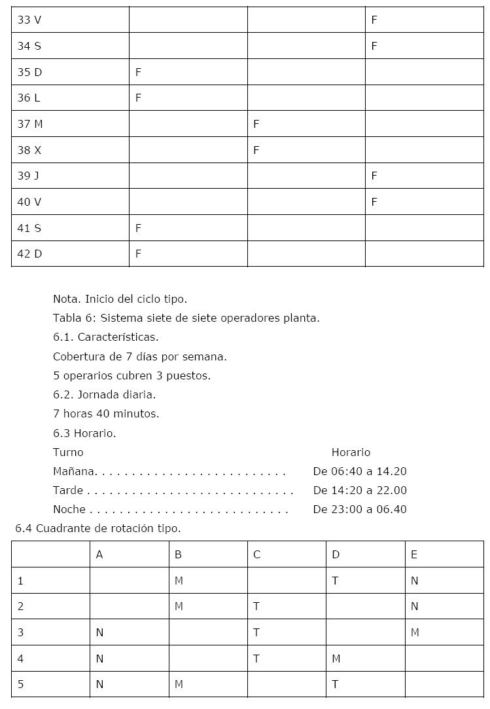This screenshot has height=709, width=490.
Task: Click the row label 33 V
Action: (x=29, y=20)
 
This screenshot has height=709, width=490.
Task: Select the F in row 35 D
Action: (x=138, y=72)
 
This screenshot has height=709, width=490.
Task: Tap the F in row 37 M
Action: (x=256, y=124)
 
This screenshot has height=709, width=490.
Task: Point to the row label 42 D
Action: (x=29, y=254)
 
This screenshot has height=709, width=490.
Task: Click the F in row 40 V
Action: (x=374, y=202)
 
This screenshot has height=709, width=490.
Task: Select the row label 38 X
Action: (x=29, y=150)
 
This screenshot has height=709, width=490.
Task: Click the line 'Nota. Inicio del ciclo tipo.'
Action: (x=120, y=299)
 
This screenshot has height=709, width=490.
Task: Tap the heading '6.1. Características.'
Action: (x=105, y=337)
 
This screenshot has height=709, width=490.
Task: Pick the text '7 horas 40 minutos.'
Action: (x=106, y=413)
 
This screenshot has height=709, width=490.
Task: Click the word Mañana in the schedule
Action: (x=75, y=471)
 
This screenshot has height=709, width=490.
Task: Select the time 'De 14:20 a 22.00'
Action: (x=360, y=490)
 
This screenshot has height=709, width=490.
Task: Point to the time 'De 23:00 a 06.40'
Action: (x=360, y=509)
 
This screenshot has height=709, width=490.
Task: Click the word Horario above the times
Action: (x=351, y=452)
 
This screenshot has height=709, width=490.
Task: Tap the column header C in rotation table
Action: (x=256, y=555)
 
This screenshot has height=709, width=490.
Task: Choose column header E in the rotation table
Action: (x=414, y=555)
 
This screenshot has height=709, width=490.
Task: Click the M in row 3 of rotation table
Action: (x=414, y=632)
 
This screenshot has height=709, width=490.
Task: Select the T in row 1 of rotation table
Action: (x=335, y=581)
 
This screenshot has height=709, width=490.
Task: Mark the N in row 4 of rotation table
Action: (x=99, y=659)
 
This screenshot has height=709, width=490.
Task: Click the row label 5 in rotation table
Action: (x=20, y=684)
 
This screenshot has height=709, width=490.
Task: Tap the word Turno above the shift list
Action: (x=68, y=452)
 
